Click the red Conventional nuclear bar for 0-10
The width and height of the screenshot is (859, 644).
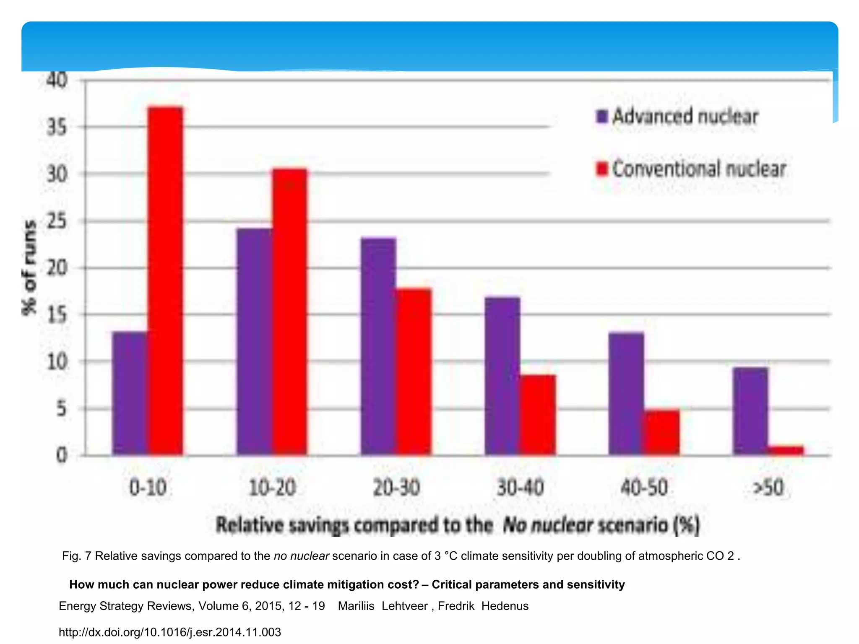(x=166, y=281)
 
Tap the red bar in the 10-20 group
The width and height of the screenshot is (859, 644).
(x=290, y=312)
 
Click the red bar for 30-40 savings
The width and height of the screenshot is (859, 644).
(x=538, y=415)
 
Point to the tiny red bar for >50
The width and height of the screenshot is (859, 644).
(x=786, y=450)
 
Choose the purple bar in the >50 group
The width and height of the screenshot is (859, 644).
(x=750, y=411)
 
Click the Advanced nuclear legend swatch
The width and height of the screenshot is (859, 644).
(x=602, y=116)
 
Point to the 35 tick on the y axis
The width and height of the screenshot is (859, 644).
(x=57, y=127)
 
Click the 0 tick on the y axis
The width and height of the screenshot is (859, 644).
(x=62, y=455)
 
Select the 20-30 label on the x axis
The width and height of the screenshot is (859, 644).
(x=396, y=488)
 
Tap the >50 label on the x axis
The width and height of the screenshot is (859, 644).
(x=768, y=488)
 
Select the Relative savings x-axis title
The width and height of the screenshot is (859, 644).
(x=457, y=525)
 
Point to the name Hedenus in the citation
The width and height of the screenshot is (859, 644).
(x=505, y=606)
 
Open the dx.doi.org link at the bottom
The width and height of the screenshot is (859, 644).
(x=169, y=632)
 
